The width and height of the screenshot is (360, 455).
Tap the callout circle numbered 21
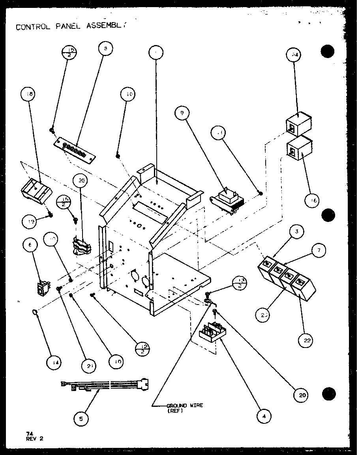90,366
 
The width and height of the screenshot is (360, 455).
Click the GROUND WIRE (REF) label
184,407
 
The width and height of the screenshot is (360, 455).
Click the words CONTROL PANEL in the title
43,27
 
